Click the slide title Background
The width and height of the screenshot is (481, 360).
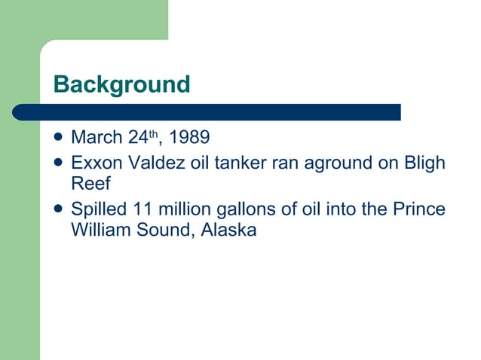[x=121, y=84]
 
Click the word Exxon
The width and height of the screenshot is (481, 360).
[x=94, y=163]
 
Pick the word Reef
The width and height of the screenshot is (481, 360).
[x=89, y=184]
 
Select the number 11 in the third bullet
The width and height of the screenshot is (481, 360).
[x=142, y=209]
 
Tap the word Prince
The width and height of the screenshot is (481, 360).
[x=418, y=209]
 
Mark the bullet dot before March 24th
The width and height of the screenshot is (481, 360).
[x=59, y=138]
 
